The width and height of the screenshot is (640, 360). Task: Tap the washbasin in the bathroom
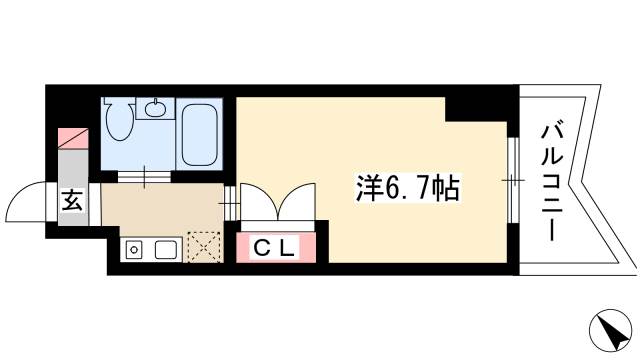click(x=155, y=107)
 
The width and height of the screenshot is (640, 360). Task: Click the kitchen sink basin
click(x=166, y=248)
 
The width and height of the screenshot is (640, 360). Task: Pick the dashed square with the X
click(x=206, y=247)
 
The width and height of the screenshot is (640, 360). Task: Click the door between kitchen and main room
click(x=230, y=199)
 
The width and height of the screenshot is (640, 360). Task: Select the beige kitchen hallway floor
click(x=160, y=208)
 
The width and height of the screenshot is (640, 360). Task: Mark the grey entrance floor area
click(x=73, y=165)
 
